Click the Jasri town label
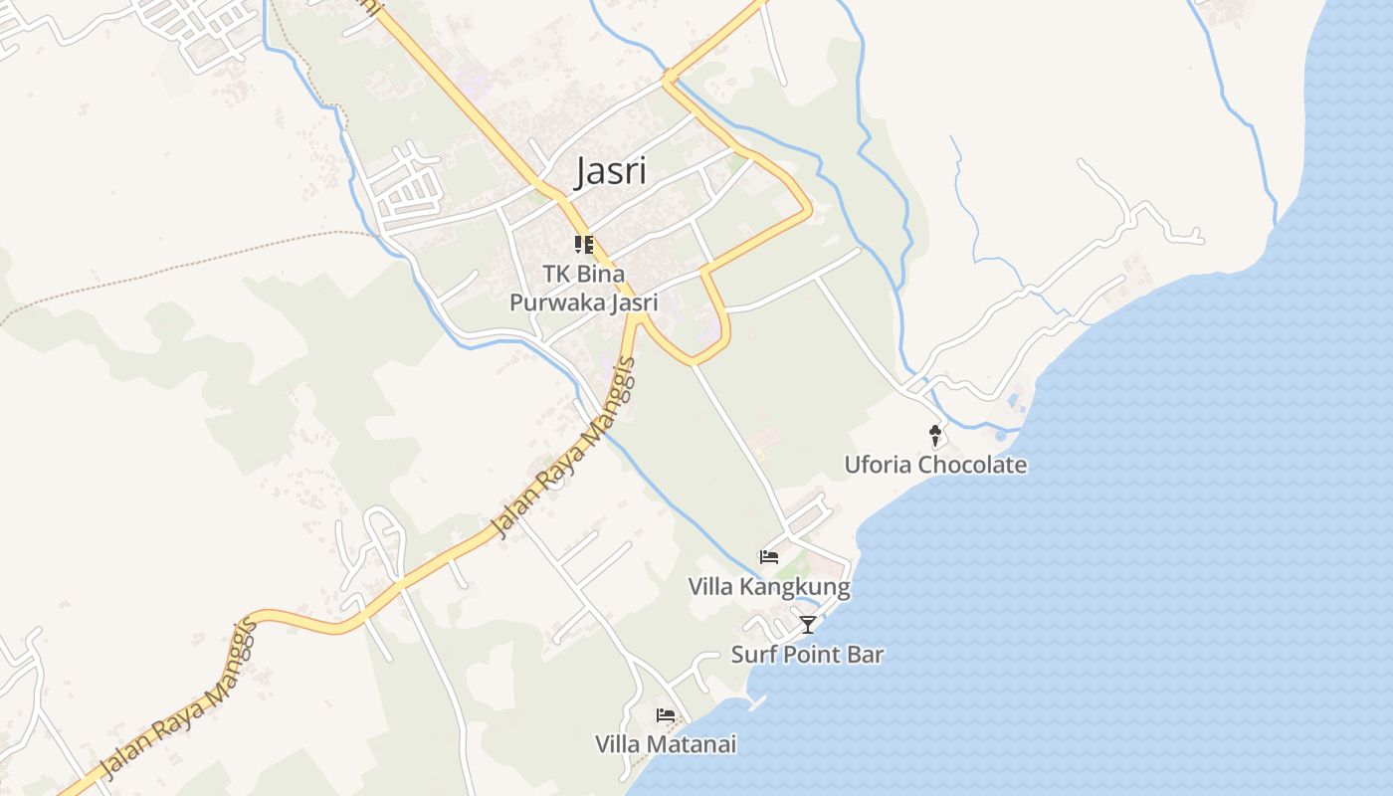tap(611, 171)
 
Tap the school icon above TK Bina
tap(584, 244)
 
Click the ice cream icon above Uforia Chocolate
tap(934, 435)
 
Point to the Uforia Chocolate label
tap(935, 465)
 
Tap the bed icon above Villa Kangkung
tap(769, 557)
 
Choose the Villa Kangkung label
tap(769, 587)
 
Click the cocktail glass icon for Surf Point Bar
tap(808, 625)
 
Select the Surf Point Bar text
tap(807, 655)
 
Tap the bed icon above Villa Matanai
tap(666, 715)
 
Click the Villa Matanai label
tap(666, 744)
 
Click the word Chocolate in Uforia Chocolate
tap(972, 465)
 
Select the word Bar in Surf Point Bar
tap(865, 655)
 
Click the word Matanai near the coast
tap(693, 744)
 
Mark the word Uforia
tap(879, 465)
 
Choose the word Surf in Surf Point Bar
tap(752, 655)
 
